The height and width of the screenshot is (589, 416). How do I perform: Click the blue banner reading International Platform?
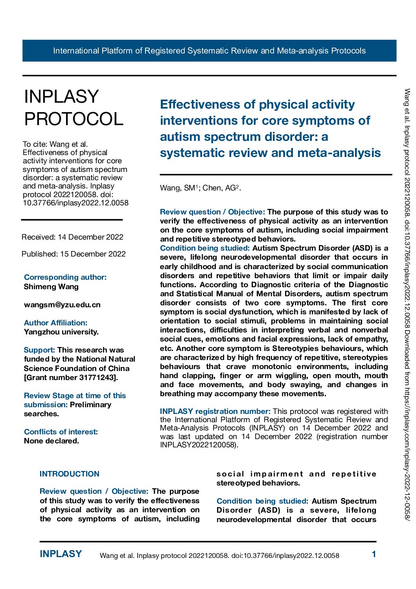(209, 51)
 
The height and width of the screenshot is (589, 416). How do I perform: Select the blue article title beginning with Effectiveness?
(270, 128)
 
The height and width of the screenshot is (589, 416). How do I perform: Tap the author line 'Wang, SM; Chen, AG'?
(200, 188)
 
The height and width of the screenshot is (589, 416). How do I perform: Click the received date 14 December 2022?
(90, 237)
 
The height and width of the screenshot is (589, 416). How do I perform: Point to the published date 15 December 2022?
(93, 254)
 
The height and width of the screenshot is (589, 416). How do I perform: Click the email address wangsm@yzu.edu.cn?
(62, 305)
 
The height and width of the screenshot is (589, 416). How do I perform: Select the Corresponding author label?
(65, 277)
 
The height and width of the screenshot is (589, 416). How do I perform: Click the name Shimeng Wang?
(51, 286)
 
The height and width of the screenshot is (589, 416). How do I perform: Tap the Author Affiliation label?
(55, 323)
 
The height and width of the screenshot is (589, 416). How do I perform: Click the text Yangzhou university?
(61, 332)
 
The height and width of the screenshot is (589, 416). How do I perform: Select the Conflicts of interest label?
(61, 432)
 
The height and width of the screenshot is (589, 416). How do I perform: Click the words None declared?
(52, 441)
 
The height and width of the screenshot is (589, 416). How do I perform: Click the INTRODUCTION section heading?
(70, 474)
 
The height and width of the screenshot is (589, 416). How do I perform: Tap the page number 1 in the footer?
(374, 554)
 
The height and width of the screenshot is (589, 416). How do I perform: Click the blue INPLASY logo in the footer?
(61, 554)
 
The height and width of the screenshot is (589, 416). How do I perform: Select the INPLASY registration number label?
(215, 411)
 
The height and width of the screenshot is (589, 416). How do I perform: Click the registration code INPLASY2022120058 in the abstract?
(198, 445)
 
